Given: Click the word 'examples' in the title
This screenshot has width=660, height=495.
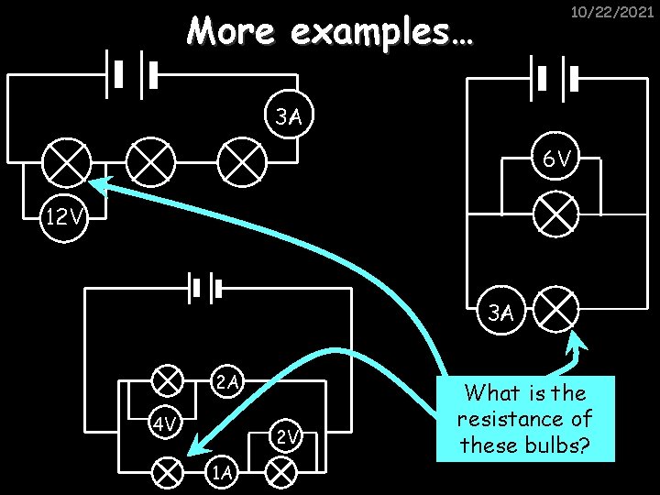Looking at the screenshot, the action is click(x=380, y=32).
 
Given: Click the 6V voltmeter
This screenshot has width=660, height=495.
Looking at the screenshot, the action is click(x=555, y=159).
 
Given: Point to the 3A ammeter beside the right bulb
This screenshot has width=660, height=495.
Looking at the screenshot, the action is click(x=500, y=313).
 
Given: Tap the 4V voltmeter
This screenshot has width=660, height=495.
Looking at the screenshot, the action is click(x=166, y=425).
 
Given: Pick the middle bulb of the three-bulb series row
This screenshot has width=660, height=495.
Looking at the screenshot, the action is click(x=150, y=164).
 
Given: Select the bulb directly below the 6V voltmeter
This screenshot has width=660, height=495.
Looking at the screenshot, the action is click(x=556, y=215).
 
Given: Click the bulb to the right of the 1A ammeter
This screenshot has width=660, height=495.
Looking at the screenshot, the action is click(x=280, y=472).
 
